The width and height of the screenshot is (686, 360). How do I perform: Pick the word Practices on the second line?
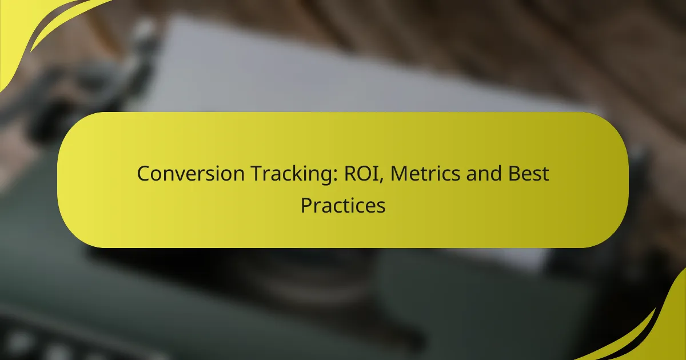tap(343, 205)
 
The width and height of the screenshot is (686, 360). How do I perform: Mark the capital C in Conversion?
tap(143, 173)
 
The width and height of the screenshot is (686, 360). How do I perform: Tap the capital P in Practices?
tap(306, 205)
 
